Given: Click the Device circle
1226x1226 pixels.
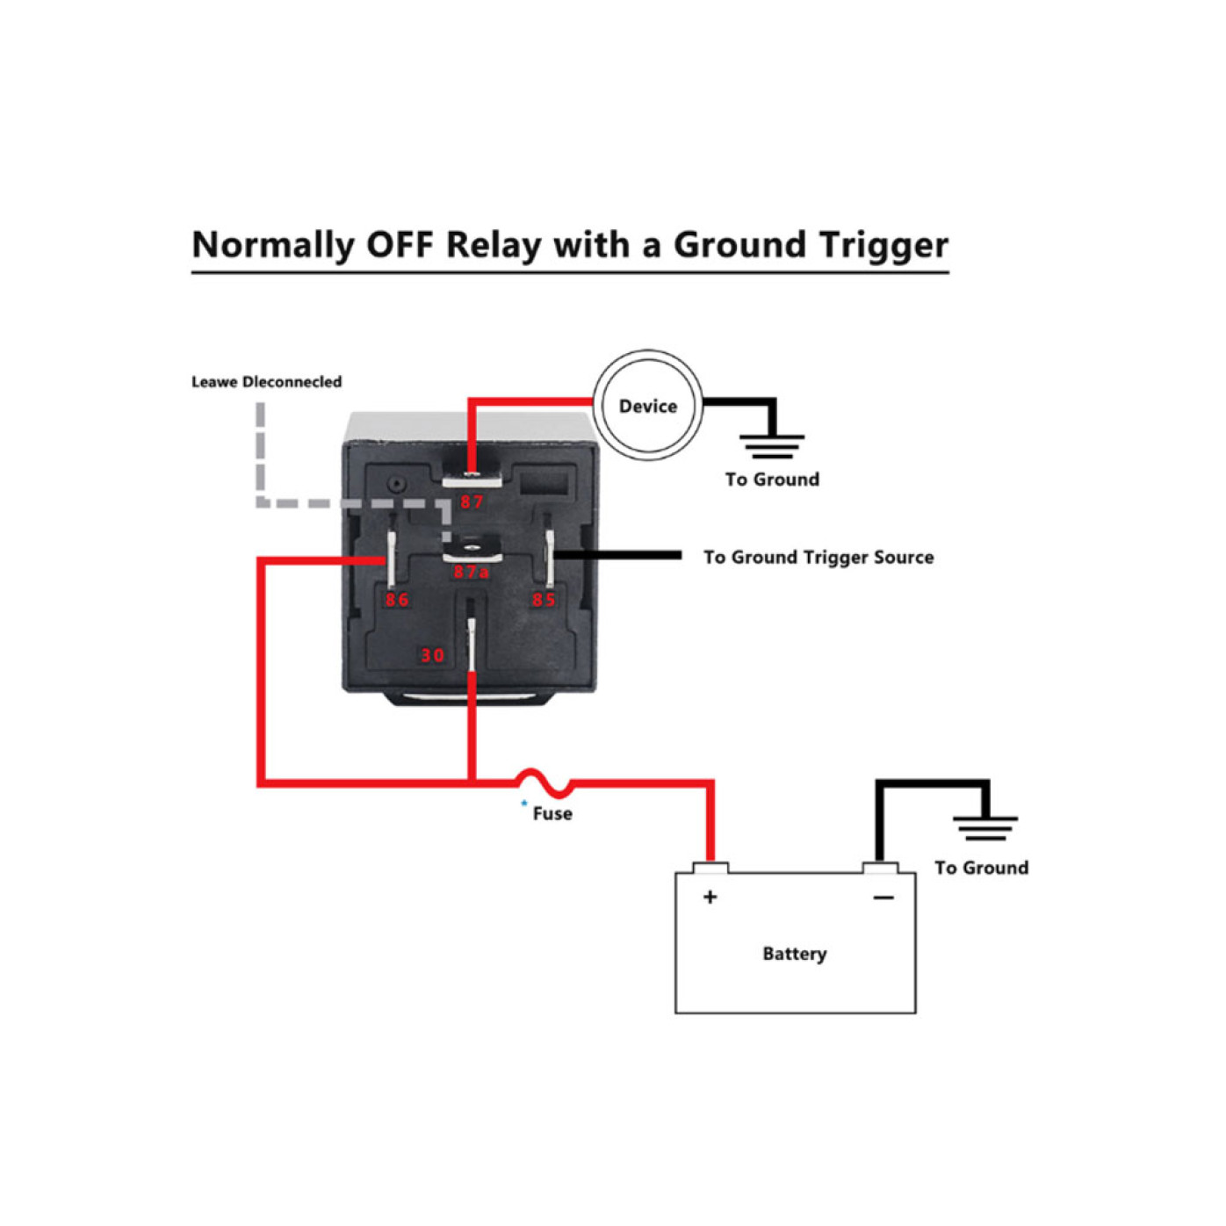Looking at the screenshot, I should (647, 405).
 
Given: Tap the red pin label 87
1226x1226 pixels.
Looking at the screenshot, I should (472, 502).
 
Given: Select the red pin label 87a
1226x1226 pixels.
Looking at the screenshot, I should (471, 573).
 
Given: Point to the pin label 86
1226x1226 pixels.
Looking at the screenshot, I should (397, 600).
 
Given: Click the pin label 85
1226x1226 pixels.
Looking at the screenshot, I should (544, 600).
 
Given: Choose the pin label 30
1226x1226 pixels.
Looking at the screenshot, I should (432, 655).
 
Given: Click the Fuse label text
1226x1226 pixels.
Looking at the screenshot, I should (552, 814).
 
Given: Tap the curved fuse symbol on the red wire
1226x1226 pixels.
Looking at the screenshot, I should (543, 781).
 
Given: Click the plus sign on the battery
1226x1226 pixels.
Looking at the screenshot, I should (710, 897).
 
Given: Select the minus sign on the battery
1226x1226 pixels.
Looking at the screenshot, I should (883, 898).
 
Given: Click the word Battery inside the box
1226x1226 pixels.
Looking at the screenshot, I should (794, 954).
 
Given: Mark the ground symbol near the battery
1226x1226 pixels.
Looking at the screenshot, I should (984, 827).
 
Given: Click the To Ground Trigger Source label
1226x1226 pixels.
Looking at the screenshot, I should (818, 558).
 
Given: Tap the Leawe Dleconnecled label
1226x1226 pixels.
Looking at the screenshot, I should (266, 382).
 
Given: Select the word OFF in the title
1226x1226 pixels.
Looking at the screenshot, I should (400, 245).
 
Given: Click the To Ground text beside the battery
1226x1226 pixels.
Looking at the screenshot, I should (981, 868).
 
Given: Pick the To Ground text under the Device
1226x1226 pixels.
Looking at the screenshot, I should (772, 480).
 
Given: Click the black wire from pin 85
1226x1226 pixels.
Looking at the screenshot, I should (618, 555).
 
